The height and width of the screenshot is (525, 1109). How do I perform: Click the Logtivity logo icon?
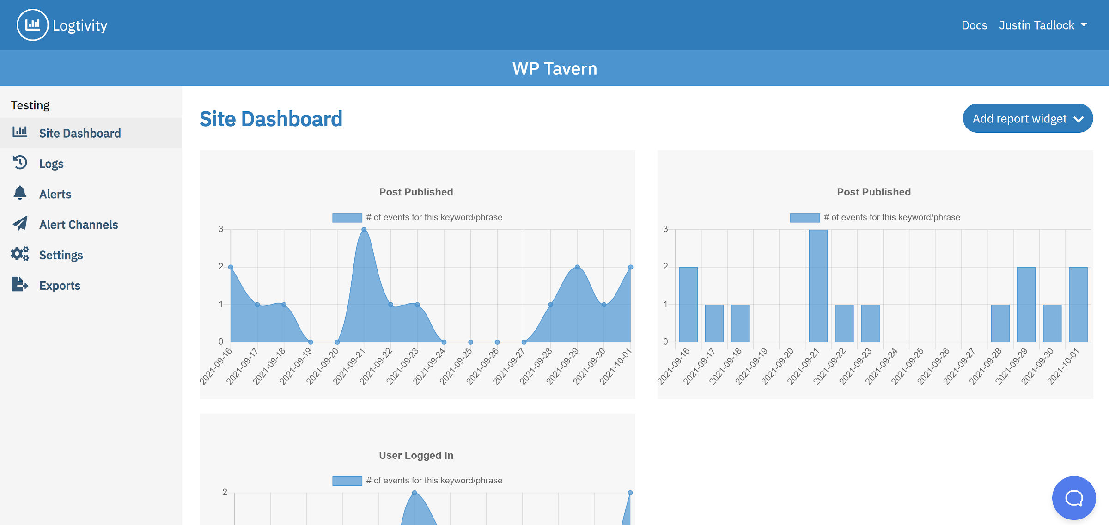coord(32,25)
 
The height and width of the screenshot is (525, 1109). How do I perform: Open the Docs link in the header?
coord(974,25)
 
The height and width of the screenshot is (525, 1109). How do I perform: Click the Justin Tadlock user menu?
coord(1042,25)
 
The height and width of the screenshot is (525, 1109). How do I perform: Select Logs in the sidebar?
coord(51,164)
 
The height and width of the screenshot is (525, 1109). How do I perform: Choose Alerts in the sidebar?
coord(55,194)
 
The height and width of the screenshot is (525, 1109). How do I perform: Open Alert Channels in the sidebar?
coord(78,225)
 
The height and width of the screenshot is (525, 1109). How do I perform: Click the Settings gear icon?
coord(20,254)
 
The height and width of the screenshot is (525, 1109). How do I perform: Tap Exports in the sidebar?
coord(60,286)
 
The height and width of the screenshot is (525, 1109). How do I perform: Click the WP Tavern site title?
coord(554,69)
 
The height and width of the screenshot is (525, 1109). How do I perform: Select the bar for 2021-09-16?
coord(688,305)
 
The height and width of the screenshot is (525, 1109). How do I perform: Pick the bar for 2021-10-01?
coord(1078,305)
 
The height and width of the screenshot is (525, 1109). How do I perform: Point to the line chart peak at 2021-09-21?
coord(364,230)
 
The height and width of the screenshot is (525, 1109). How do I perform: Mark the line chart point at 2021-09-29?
coord(577,267)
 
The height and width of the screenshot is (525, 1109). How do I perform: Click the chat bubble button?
coord(1073,498)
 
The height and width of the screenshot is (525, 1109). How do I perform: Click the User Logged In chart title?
coord(416,455)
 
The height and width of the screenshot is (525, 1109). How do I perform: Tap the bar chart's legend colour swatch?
coord(804,218)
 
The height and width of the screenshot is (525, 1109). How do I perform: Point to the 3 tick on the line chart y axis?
coord(221,229)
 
